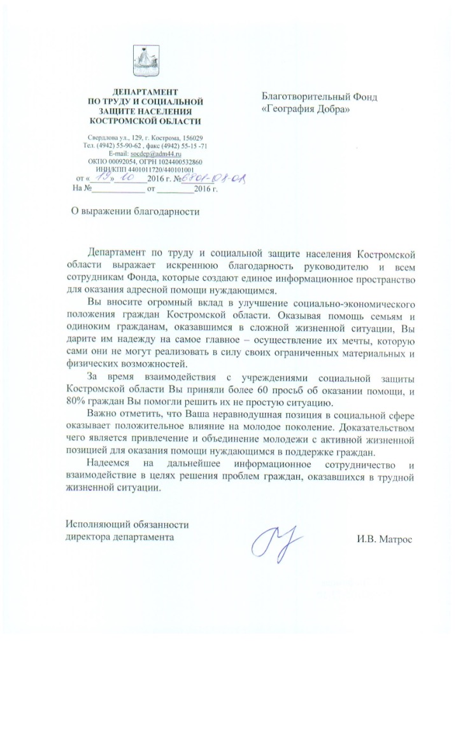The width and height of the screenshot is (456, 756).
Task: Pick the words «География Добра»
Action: tap(306, 109)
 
